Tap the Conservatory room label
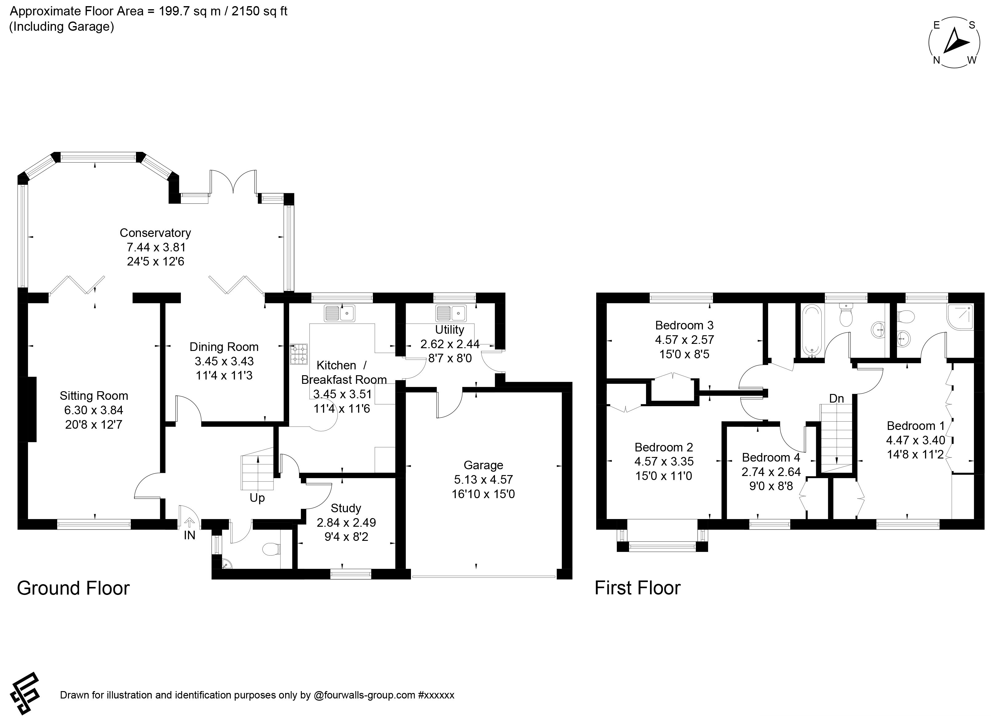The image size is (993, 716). (155, 233)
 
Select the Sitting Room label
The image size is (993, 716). (94, 396)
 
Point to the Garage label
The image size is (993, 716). (483, 465)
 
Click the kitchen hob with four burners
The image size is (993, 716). (299, 354)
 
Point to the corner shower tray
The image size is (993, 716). (960, 317)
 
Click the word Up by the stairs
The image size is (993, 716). (257, 498)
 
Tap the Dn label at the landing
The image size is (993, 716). (837, 399)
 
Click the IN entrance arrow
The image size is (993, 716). (189, 522)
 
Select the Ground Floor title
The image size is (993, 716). (73, 588)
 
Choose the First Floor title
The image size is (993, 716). (637, 588)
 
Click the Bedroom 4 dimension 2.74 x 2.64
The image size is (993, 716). (771, 472)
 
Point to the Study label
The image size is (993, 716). (346, 508)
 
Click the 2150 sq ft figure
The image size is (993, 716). (259, 11)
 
